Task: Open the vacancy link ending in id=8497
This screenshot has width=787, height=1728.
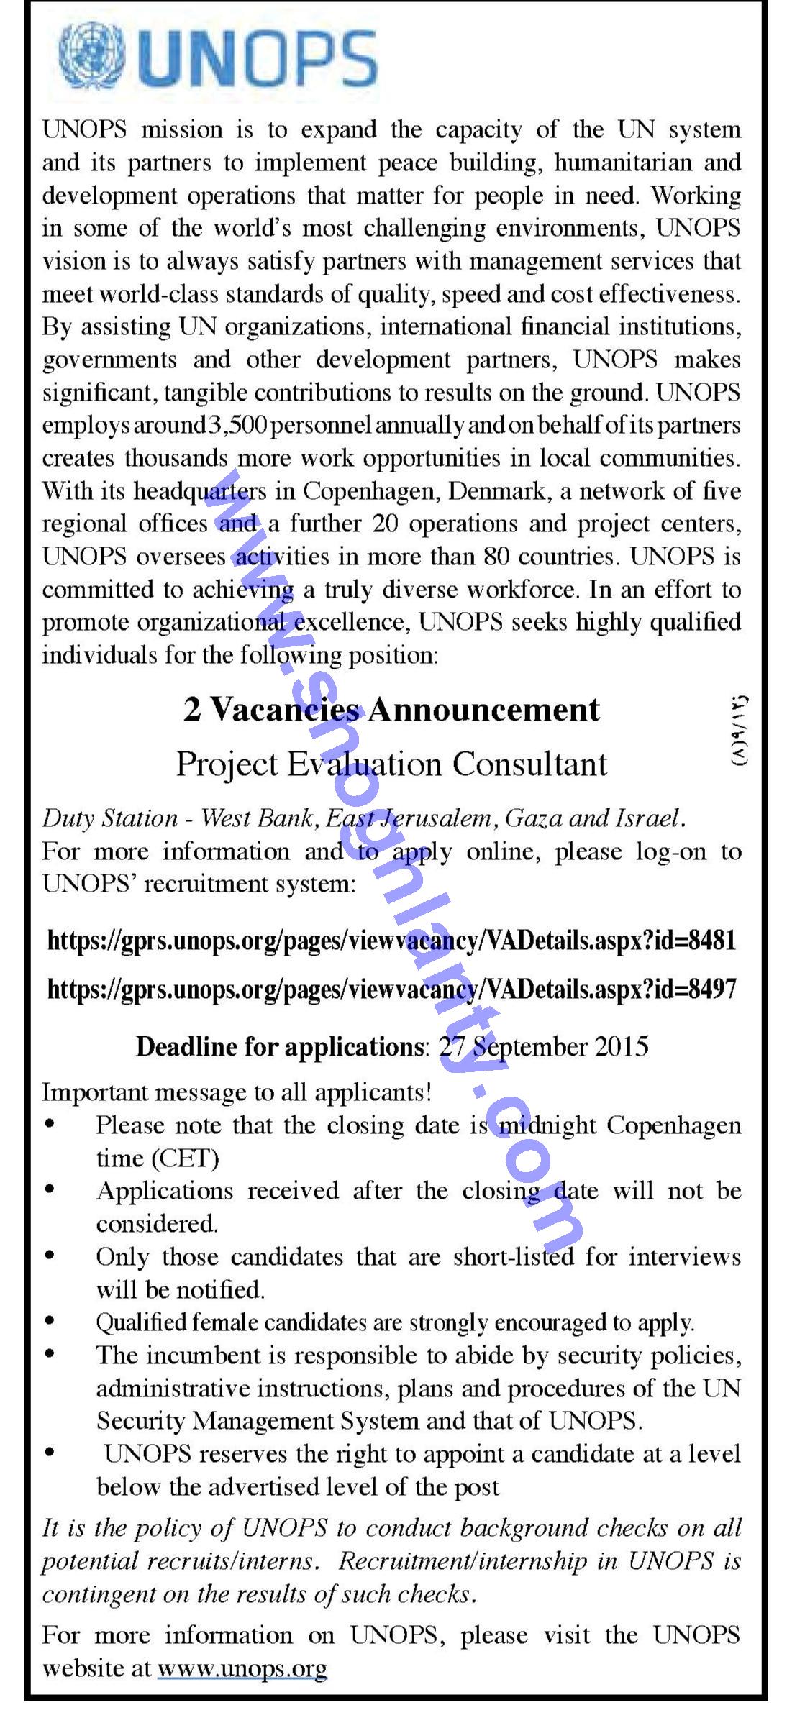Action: click(392, 989)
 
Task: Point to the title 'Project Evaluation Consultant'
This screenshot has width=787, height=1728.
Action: click(392, 764)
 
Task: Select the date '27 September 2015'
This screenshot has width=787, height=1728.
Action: click(543, 1046)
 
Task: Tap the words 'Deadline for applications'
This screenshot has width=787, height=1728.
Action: click(278, 1046)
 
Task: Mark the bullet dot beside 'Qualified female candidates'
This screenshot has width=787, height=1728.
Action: click(50, 1321)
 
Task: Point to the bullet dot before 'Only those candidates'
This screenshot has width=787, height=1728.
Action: click(50, 1256)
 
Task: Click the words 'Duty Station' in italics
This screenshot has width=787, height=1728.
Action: click(110, 818)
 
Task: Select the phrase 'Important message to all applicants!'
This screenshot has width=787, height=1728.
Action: click(237, 1092)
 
